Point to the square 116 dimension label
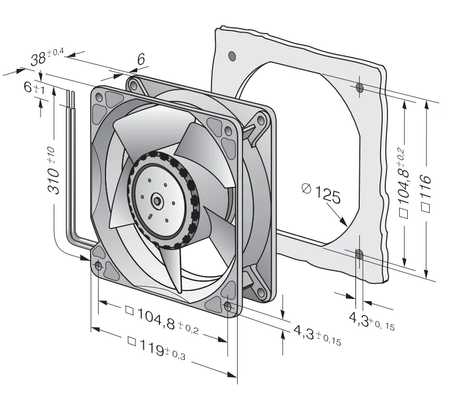[x=426, y=193]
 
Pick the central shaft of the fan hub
[x=157, y=200]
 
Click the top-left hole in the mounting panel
[x=232, y=56]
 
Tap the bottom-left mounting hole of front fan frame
[x=98, y=265]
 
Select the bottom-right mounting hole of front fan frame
[x=228, y=306]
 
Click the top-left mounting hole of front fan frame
[x=99, y=97]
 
